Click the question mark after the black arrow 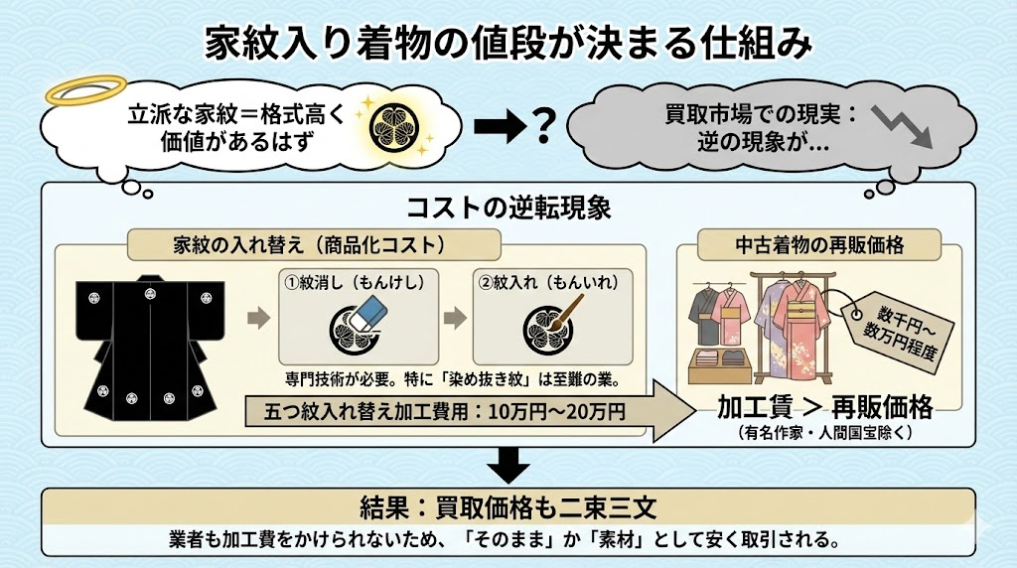(542, 126)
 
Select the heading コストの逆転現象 (508, 210)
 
